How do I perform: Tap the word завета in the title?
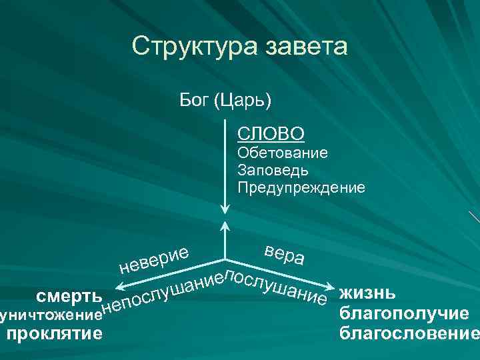tap(306, 47)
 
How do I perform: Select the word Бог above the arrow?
tap(195, 102)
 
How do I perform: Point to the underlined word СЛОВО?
tap(271, 134)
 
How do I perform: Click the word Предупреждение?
tap(301, 187)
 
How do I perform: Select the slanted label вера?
tap(285, 254)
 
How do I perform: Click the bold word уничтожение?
tap(52, 313)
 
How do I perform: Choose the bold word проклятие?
tap(54, 331)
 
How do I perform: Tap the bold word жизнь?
tap(368, 293)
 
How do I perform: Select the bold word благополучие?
tap(404, 313)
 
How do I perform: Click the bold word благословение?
tap(408, 331)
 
